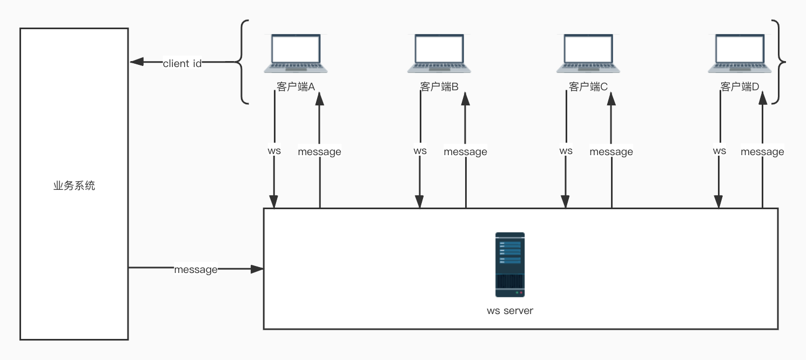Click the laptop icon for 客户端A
click(x=295, y=53)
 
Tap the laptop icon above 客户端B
click(x=439, y=53)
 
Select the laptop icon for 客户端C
click(x=588, y=53)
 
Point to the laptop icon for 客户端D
click(x=740, y=53)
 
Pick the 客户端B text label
click(x=439, y=86)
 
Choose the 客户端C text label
click(x=588, y=86)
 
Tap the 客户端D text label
click(x=740, y=86)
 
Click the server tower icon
click(x=510, y=265)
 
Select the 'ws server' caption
click(x=510, y=311)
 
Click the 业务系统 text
click(x=74, y=186)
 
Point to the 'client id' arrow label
click(x=182, y=63)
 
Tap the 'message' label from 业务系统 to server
click(x=196, y=269)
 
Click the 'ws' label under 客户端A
click(x=274, y=151)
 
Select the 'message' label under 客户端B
click(x=465, y=152)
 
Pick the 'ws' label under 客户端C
click(x=566, y=151)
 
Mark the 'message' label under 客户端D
click(x=762, y=152)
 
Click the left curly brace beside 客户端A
click(x=243, y=62)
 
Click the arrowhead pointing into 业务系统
click(x=136, y=62)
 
